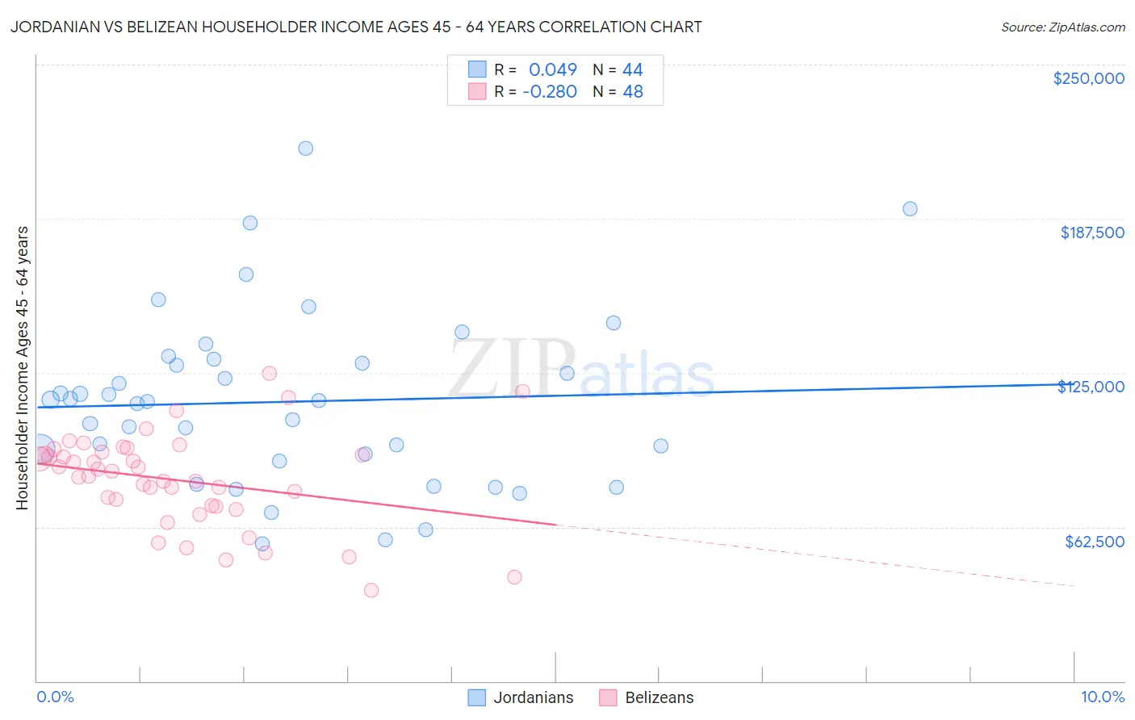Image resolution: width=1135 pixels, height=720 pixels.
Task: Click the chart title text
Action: point(356,27)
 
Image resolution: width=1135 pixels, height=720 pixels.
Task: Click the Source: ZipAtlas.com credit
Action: point(1062,27)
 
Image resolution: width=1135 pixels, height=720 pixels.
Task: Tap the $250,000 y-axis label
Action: point(1088,78)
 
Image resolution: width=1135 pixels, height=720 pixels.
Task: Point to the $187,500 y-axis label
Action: point(1091,232)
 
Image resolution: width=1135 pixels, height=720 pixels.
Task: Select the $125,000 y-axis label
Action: point(1091,387)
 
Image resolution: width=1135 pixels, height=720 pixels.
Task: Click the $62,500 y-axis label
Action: point(1094,542)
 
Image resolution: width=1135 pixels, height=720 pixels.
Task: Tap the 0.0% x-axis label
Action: point(55,697)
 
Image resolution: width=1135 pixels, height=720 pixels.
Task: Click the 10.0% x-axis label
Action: point(1102,697)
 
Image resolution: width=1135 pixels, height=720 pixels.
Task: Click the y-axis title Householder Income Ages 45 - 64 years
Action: point(23,368)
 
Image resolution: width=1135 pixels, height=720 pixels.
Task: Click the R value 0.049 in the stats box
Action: point(552,70)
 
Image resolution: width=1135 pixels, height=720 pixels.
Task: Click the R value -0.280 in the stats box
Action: point(550,92)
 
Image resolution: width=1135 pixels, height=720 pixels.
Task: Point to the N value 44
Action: point(632,70)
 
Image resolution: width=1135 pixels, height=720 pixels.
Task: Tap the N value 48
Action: point(632,92)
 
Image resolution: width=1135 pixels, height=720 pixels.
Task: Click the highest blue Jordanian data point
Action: point(305,149)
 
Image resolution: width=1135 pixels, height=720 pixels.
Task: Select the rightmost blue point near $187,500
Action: point(910,209)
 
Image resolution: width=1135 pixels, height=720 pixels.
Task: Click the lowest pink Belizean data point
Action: point(371,590)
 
